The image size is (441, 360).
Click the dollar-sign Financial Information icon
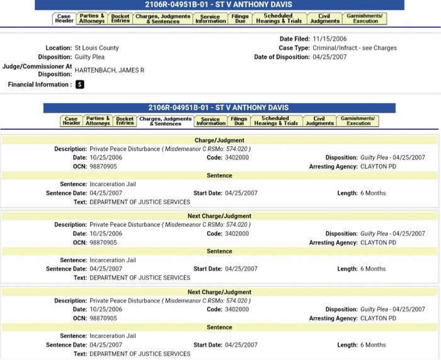tap(80, 84)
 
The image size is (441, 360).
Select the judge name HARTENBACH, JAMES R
tap(109, 70)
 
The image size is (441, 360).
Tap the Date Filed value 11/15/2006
tap(330, 39)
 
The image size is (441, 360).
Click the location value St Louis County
tap(96, 48)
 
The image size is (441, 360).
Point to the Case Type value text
tap(355, 48)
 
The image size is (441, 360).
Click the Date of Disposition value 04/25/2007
tap(330, 57)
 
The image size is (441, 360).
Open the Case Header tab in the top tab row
tap(64, 19)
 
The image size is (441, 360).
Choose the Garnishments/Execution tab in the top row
tap(365, 19)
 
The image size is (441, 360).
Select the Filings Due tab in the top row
tap(239, 19)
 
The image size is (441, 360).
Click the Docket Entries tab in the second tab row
tap(125, 120)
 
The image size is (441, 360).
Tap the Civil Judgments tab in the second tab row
tap(319, 120)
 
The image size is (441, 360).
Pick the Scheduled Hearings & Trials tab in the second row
tap(275, 120)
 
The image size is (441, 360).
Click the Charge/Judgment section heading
tap(219, 140)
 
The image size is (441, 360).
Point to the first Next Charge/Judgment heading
tap(219, 216)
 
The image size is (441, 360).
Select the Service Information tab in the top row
tap(210, 19)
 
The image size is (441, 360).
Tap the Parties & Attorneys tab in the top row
tap(92, 19)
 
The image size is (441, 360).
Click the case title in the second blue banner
tap(219, 108)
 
